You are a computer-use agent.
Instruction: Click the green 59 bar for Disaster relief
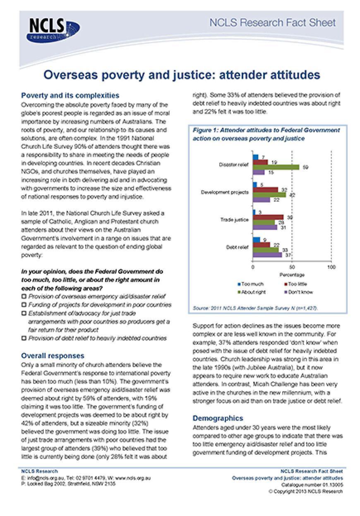pyautogui.click(x=276, y=167)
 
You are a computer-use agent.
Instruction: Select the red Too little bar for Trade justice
pyautogui.click(x=268, y=217)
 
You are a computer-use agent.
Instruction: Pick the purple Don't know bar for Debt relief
pyautogui.click(x=267, y=255)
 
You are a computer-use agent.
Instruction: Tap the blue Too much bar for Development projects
pyautogui.click(x=255, y=184)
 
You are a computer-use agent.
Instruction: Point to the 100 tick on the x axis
pyautogui.click(x=331, y=268)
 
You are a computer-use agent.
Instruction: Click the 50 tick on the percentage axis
pyautogui.click(x=292, y=268)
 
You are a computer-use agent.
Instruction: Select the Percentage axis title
pyautogui.click(x=292, y=275)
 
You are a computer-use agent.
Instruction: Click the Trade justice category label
pyautogui.click(x=235, y=220)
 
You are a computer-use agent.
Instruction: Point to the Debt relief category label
pyautogui.click(x=237, y=247)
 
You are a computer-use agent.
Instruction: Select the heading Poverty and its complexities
pyautogui.click(x=70, y=96)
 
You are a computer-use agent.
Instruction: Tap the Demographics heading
pyautogui.click(x=218, y=418)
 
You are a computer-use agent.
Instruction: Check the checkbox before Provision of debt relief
pyautogui.click(x=24, y=338)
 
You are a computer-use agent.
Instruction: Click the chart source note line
pyautogui.click(x=255, y=308)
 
